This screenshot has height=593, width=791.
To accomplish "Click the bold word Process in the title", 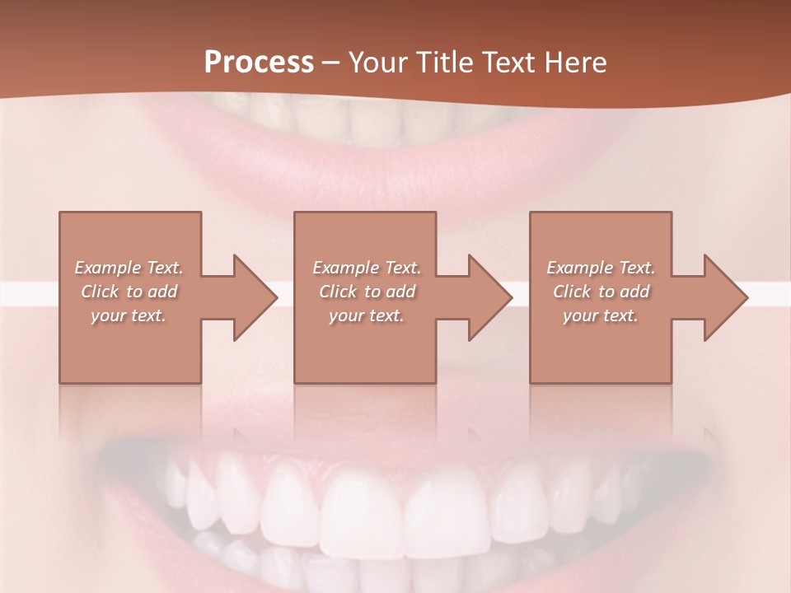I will click(x=259, y=63).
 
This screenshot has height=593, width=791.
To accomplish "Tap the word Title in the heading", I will click(x=447, y=63).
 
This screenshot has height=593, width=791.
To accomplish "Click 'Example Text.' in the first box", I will click(x=129, y=268).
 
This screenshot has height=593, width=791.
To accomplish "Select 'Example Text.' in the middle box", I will click(x=367, y=268).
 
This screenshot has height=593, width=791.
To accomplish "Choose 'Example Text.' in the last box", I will click(x=601, y=268).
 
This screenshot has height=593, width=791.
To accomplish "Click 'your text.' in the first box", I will click(x=129, y=315).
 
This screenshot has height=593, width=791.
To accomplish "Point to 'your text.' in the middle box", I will click(x=367, y=315).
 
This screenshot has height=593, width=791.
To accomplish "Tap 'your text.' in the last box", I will click(x=601, y=315).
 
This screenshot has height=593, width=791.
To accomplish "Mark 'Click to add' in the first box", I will click(x=129, y=292).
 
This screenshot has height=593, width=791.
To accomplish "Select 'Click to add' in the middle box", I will click(x=367, y=292).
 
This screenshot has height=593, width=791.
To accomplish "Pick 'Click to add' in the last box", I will click(x=601, y=292).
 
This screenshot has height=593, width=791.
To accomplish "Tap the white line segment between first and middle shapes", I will click(x=286, y=294).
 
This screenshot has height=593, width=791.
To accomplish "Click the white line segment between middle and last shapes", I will click(x=521, y=294).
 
